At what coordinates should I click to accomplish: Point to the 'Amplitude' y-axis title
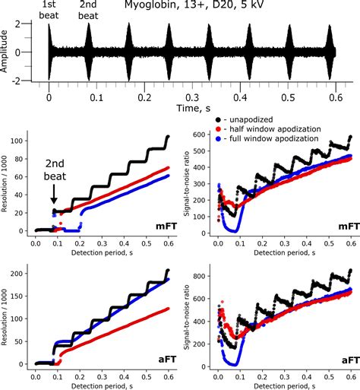[x=7, y=52]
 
